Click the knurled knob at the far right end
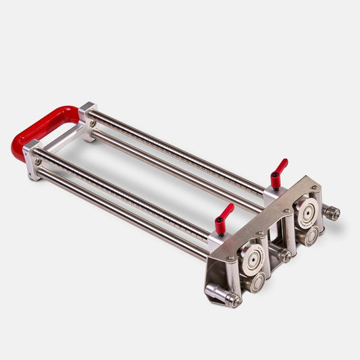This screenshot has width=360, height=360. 331,213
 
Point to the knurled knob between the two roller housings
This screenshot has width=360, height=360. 284,255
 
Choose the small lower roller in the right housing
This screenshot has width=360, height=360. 311,235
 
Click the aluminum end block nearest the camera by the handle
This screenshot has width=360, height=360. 33,159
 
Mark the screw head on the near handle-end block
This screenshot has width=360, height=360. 38,161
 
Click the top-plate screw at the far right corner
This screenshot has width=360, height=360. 315,187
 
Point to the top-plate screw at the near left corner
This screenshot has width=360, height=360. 230,257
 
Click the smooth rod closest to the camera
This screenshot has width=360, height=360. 122,213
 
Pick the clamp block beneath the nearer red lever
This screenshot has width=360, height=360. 219,240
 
